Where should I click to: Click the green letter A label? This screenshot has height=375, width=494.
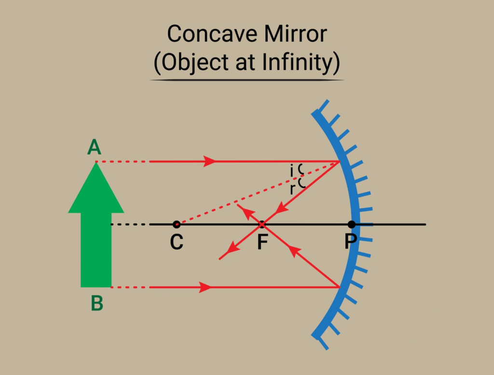[x=95, y=147]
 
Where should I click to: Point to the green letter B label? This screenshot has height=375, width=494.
[x=97, y=304]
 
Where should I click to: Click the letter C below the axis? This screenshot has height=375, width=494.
[x=177, y=242]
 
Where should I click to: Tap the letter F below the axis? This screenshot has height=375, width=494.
[x=262, y=242]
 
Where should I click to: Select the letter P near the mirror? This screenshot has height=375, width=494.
[x=350, y=241]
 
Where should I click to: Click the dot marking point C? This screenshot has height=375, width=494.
[x=177, y=224]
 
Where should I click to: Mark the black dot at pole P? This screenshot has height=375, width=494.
[x=352, y=224]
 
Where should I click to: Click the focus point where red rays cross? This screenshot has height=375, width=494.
[x=262, y=224]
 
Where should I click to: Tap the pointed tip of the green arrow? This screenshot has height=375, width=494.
[x=96, y=163]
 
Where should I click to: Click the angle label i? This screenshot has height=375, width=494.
[x=292, y=170]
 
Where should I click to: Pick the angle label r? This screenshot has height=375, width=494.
[x=292, y=189]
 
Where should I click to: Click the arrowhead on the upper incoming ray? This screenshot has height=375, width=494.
[x=210, y=161]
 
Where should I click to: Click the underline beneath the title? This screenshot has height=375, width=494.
[x=247, y=80]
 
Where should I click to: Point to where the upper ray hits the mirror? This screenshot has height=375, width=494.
[x=340, y=161]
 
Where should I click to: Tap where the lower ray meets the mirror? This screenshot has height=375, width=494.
[x=340, y=288]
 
